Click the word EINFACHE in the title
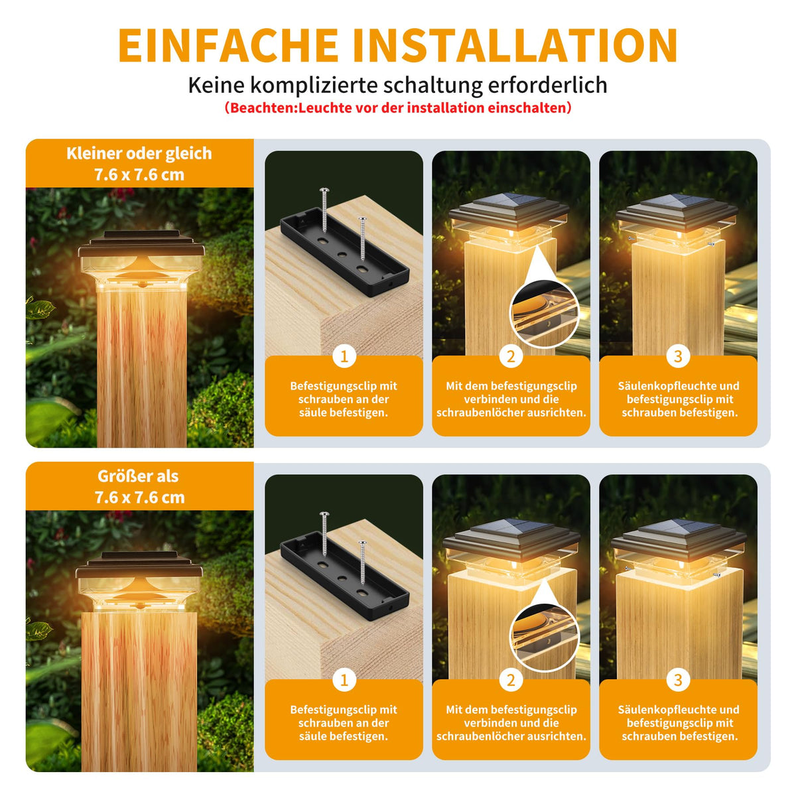point(228,45)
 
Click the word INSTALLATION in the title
point(515,45)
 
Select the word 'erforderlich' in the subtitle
point(547,85)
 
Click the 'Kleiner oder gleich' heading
point(139,154)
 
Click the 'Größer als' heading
point(138,476)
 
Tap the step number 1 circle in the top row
point(344,356)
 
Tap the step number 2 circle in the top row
point(511,356)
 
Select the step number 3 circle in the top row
point(678,356)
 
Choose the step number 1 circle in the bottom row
point(344,681)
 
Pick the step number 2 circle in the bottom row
point(511,681)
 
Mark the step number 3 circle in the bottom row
point(678,681)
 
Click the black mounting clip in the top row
point(344,252)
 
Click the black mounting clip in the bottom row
point(344,576)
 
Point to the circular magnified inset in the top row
point(545,313)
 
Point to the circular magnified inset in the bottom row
point(545,637)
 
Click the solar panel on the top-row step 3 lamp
point(678,202)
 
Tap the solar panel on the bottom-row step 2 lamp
point(511,527)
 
